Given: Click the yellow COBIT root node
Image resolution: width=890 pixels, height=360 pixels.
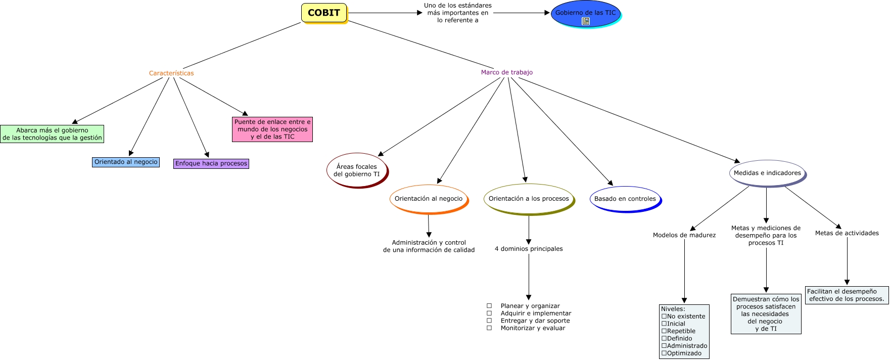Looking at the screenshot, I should tap(324, 13).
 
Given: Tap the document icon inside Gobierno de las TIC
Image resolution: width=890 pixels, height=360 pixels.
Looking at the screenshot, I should tap(586, 21).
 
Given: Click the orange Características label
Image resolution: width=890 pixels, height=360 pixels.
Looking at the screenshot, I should tap(171, 73).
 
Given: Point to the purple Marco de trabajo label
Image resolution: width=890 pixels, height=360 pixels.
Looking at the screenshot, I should tap(506, 72).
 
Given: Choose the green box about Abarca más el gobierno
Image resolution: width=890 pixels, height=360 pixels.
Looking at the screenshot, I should tap(52, 134).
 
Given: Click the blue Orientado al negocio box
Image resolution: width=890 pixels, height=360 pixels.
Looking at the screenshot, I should tap(126, 162).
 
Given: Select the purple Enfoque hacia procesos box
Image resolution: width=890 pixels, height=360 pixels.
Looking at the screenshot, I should tap(211, 163).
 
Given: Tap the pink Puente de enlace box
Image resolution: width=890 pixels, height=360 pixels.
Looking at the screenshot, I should tap(272, 129).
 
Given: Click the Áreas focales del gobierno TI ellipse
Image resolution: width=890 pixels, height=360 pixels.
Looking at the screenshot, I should tap(356, 170).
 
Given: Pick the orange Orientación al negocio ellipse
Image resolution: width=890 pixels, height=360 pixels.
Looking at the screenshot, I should tap(429, 199).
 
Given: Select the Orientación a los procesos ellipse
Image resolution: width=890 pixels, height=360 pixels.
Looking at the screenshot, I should tap(529, 199).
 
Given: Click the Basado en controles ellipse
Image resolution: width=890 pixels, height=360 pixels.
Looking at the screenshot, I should tap(625, 199).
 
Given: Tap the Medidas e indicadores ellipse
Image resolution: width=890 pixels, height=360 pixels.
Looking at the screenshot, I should tap(767, 173).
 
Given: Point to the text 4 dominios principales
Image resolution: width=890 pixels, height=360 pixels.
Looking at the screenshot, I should tap(529, 249).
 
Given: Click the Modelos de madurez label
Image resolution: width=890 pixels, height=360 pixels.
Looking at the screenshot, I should tap(684, 235).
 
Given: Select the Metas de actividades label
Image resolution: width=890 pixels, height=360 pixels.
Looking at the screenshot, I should tap(847, 233).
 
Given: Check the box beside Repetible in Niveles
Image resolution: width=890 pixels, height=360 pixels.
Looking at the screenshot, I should tap(664, 331).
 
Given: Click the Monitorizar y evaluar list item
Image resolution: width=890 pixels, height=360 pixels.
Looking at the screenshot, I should tap(533, 328).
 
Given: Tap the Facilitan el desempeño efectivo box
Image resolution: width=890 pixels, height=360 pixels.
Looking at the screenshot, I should tap(847, 295).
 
